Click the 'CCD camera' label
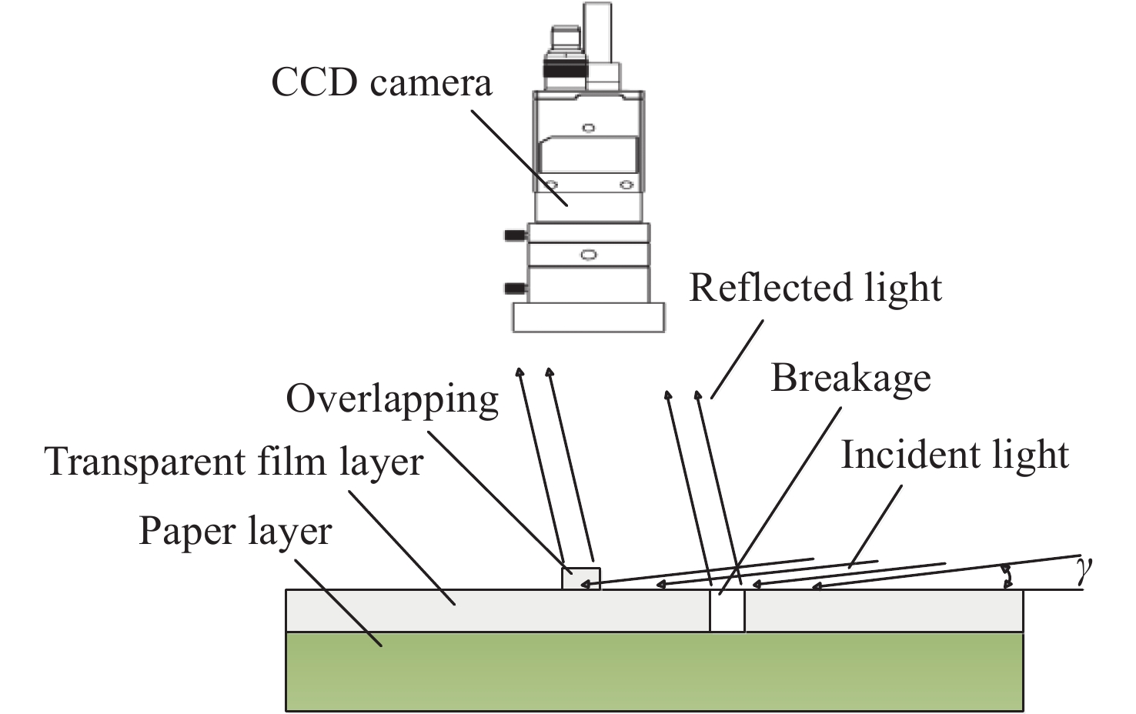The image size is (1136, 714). (381, 83)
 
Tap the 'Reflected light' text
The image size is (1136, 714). (815, 288)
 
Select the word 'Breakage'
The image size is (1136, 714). (850, 378)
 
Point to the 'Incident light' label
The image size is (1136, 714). (954, 455)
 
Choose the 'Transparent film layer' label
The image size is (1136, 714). (235, 462)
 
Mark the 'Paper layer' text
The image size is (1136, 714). (235, 531)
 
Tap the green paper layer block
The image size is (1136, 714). (654, 671)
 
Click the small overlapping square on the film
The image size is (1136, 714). (580, 579)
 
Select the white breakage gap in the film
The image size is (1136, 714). (727, 612)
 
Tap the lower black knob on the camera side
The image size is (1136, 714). (514, 289)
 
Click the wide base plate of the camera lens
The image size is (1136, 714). (588, 317)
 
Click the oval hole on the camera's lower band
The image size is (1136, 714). (589, 255)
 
